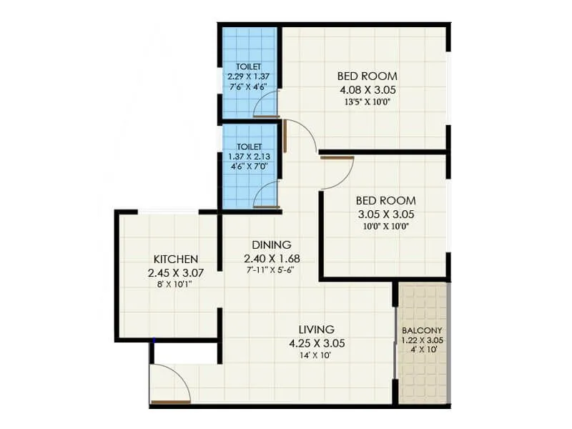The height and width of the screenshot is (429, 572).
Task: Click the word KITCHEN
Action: point(176,259)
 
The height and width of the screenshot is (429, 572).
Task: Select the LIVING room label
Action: point(317,330)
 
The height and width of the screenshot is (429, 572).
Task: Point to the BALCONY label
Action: point(422,330)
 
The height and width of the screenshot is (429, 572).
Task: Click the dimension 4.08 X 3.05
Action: point(367,90)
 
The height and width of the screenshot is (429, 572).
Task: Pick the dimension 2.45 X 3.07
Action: point(176,272)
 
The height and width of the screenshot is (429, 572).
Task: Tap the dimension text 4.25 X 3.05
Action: point(317,343)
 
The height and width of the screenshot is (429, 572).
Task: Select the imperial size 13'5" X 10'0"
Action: point(367,102)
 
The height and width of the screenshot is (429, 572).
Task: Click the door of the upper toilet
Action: point(265,104)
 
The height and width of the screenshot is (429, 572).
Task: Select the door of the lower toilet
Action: point(265,194)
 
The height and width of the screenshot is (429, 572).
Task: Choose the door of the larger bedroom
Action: point(300,136)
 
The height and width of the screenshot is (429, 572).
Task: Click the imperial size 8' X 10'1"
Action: point(176,284)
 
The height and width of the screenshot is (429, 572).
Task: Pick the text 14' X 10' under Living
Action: point(317,355)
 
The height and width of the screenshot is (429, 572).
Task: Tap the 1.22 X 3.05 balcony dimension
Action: point(422,340)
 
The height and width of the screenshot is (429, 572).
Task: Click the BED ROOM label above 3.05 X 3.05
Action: point(385,201)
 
